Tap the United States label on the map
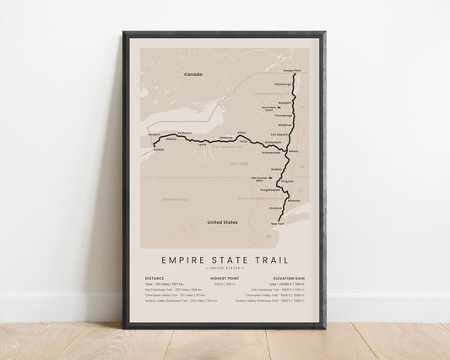223,221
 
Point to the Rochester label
186,133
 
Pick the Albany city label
293,150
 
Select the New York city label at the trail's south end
276,223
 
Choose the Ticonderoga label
283,116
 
